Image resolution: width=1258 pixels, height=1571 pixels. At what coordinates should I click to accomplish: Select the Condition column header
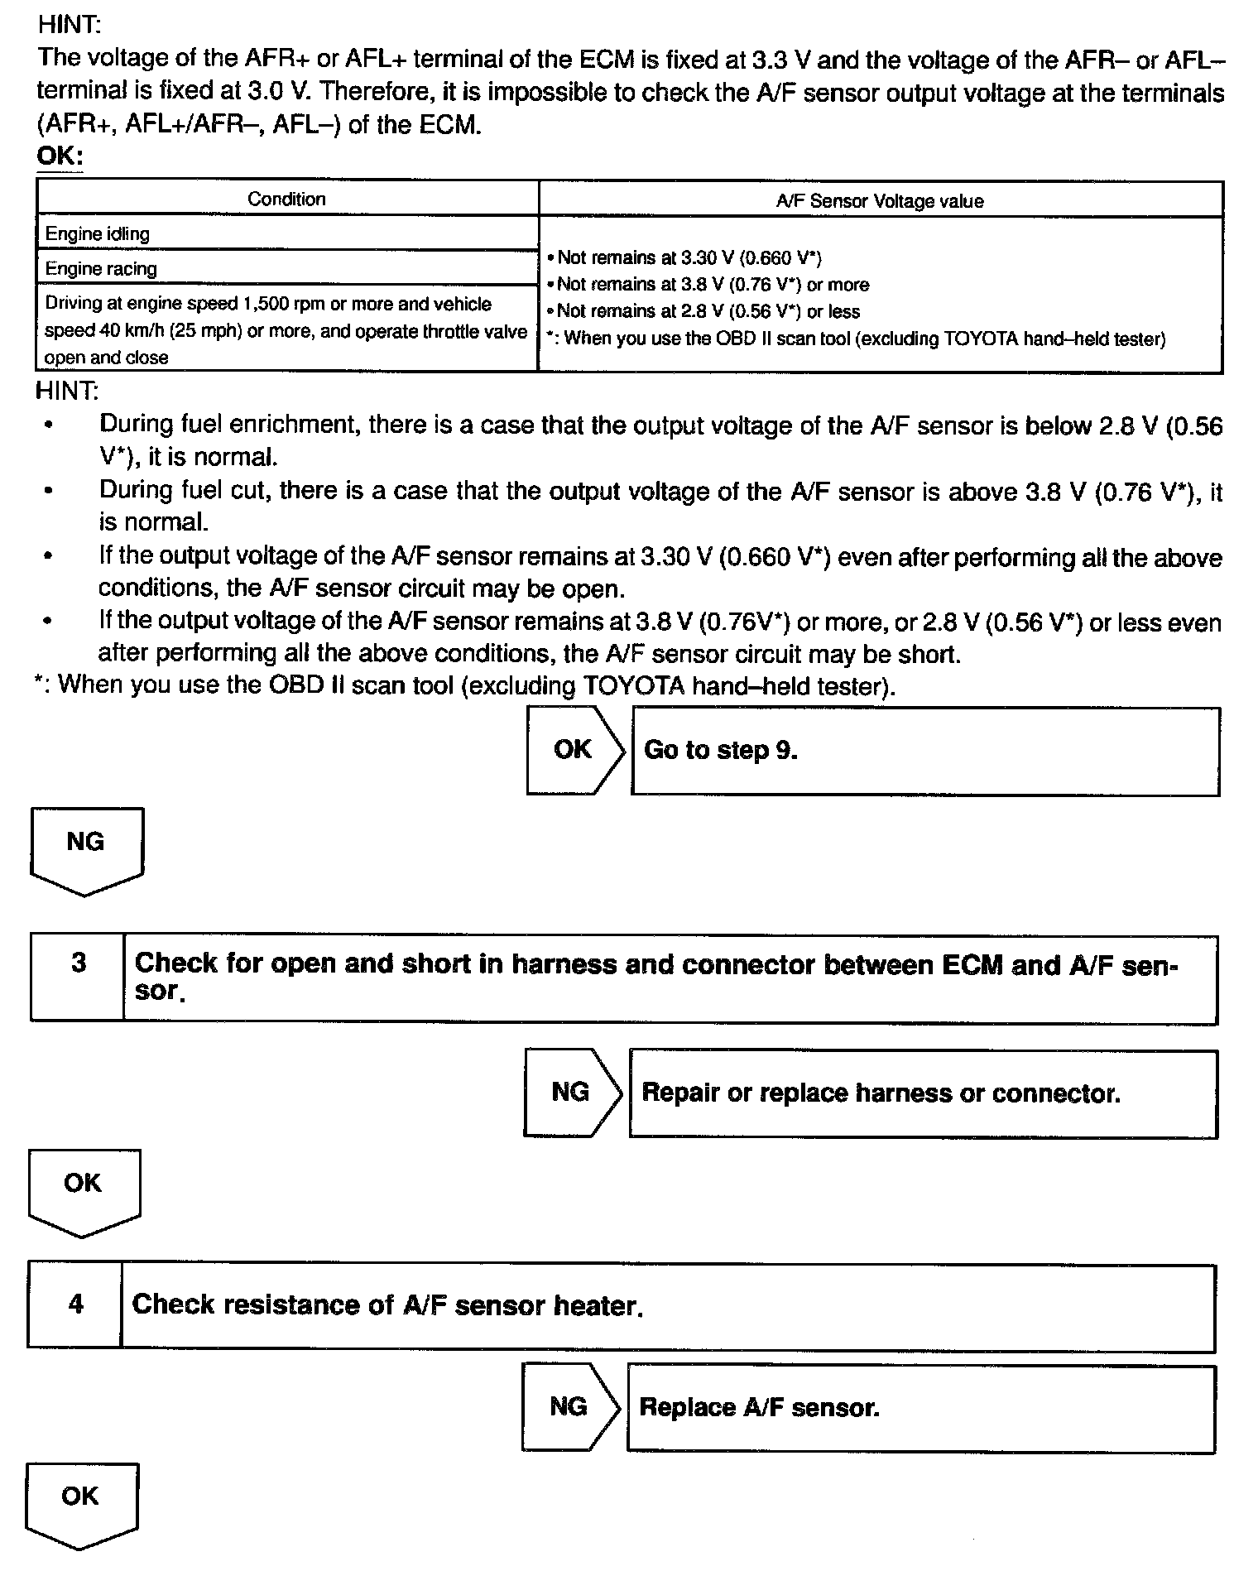pos(286,199)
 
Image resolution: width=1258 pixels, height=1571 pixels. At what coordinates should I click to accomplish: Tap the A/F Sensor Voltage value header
pos(880,201)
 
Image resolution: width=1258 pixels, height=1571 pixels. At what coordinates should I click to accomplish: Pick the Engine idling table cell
pos(286,234)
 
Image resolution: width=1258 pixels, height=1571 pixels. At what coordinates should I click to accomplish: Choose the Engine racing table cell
pos(286,269)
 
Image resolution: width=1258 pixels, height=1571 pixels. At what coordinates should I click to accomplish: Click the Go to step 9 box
pos(924,752)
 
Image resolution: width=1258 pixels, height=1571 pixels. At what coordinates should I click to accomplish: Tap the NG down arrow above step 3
pos(86,849)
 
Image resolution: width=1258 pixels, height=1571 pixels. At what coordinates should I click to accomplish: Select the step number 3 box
pos(78,978)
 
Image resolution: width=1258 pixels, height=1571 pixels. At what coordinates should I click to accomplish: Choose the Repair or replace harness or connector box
pos(922,1093)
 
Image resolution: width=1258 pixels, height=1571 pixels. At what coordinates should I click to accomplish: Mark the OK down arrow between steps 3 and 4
pos(84,1190)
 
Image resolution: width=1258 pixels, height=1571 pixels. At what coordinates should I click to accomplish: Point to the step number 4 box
pos(75,1305)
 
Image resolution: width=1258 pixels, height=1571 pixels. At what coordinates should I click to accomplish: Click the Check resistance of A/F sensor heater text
pos(387,1306)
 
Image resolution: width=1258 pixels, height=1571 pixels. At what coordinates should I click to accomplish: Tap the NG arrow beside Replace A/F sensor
pos(569,1407)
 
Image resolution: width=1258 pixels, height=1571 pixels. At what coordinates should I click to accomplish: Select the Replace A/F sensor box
pos(920,1408)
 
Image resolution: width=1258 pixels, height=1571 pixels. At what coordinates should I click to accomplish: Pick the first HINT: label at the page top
pos(69,25)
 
